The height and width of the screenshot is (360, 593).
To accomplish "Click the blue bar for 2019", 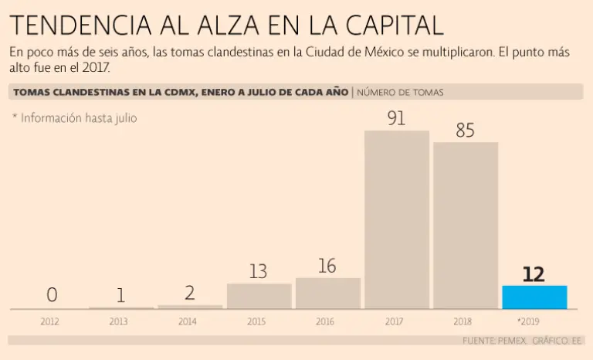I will pos(534,297).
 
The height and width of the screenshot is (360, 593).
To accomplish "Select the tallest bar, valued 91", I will pos(397,220).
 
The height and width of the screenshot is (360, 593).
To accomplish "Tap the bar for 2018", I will pos(466,226).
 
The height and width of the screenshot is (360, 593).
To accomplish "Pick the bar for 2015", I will pos(259,296).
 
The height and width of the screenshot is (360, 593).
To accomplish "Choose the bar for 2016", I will pos(328,294).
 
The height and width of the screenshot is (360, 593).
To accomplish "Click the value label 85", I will pos(465,131).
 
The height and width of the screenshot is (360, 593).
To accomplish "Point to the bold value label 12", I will pos(534,274).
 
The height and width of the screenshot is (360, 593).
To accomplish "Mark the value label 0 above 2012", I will pos(52,295).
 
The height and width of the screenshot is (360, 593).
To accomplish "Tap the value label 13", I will pos(259,272).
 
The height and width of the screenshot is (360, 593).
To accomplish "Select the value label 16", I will pos(327,266).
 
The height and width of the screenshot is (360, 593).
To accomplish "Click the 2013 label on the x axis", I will pos(118,321).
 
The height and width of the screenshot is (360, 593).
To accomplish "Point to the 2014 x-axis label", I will pos(187,321).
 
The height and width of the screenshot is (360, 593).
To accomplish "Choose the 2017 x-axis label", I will pos(396,321).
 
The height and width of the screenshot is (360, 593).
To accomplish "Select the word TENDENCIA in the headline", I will pos(81,25).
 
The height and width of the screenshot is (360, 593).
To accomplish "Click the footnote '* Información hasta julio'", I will pos(75,118).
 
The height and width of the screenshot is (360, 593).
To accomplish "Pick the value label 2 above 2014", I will pos(190,293).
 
